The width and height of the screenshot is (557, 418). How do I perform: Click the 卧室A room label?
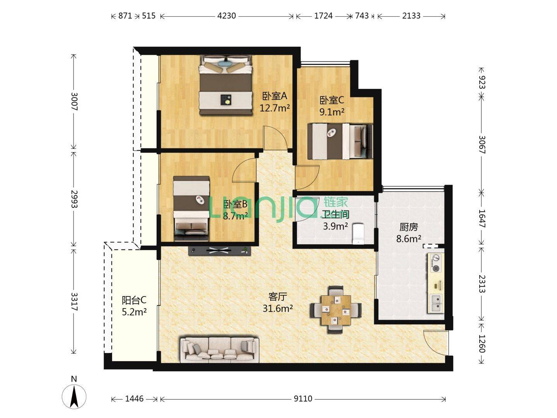coord(275,96)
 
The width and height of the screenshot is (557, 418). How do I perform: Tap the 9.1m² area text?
coord(332,112)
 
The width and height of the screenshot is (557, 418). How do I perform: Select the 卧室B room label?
coord(235,204)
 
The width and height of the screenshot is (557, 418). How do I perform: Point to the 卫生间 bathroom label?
coord(336,214)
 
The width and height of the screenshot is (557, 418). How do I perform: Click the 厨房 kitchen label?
coord(408,227)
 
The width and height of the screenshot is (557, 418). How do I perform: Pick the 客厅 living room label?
coord(278,296)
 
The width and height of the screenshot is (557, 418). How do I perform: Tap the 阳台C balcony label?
coord(134,300)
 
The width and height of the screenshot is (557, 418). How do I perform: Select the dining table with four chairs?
coord(336,310)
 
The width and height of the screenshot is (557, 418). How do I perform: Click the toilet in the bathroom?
coord(359,233)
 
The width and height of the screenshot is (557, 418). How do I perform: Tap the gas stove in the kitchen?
coord(436,263)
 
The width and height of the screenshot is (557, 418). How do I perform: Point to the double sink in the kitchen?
coord(436,303)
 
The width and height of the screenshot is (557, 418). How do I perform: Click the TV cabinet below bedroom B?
coord(219,251)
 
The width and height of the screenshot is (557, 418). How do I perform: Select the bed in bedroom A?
coord(225,85)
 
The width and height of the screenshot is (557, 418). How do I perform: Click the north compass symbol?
coord(74,396)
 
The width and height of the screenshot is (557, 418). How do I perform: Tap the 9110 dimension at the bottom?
coord(303,399)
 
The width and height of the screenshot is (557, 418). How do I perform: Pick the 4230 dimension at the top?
coord(227,16)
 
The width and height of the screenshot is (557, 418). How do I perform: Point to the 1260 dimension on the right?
coord(482,343)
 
